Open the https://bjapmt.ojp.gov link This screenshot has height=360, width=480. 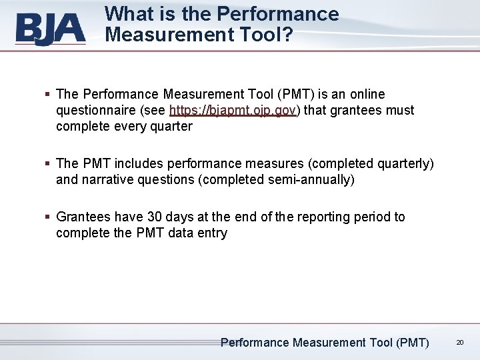tap(233, 110)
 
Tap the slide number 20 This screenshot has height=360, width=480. tap(460, 343)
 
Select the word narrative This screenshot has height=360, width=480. tap(106, 179)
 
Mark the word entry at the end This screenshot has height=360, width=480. tap(211, 233)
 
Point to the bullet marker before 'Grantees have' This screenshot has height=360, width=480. tap(49, 217)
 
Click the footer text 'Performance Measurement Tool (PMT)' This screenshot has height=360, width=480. tap(325, 343)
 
